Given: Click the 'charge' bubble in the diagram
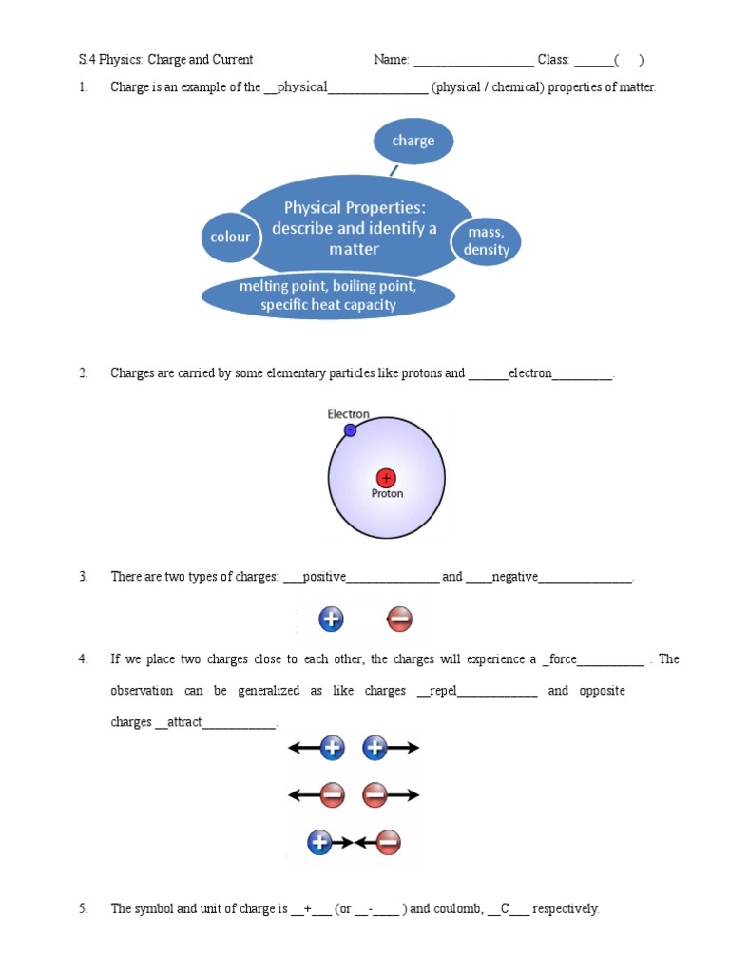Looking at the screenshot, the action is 413,141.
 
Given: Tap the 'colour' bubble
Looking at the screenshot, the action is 230,237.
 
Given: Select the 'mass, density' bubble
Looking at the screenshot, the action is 487,241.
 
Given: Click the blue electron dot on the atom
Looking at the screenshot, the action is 350,430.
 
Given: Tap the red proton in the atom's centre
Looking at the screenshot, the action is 386,477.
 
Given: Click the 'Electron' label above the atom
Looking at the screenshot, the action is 348,414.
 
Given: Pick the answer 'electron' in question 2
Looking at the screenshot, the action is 529,373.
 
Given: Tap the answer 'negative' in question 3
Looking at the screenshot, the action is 514,577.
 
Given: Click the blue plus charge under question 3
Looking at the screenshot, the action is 331,620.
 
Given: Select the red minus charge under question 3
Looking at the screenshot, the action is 399,620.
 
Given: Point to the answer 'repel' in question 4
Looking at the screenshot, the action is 444,691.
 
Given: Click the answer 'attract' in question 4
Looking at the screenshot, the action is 184,722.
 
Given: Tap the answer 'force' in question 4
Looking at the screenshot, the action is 560,659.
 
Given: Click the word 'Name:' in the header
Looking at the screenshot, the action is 391,60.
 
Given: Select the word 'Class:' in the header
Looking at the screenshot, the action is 553,60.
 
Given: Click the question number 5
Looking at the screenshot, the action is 84,909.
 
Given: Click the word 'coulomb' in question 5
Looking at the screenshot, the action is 458,909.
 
